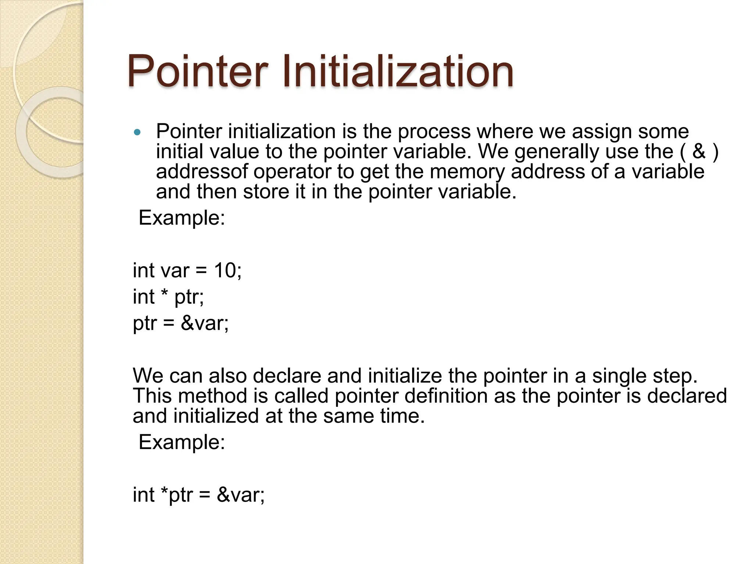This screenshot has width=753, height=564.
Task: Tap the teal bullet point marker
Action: [137, 133]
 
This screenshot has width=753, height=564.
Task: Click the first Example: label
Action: [182, 218]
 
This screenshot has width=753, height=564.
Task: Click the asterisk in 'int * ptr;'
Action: [164, 295]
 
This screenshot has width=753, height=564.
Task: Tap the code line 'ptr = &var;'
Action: [181, 323]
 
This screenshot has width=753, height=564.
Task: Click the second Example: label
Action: [182, 442]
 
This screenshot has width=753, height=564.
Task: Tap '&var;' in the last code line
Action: [240, 495]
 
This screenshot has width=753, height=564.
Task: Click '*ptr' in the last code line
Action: [177, 495]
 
